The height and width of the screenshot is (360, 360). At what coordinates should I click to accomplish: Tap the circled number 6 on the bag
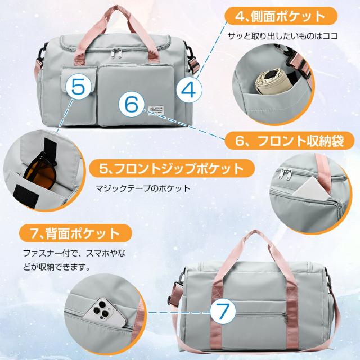click(x=131, y=103)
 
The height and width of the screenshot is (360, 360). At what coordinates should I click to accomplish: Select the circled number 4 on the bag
click(x=190, y=89)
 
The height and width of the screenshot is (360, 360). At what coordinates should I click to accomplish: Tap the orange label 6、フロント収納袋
click(x=290, y=141)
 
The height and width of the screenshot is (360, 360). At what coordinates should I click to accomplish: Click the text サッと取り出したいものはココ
click(x=283, y=35)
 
